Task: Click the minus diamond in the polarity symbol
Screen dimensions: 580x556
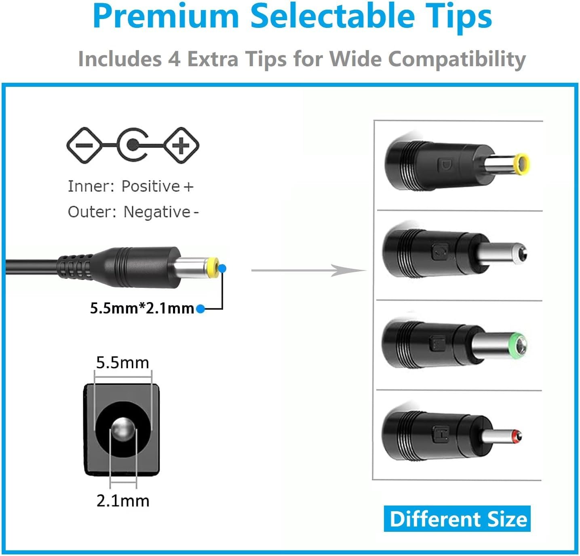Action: point(84,145)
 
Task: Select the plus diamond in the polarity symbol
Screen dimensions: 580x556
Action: point(181,145)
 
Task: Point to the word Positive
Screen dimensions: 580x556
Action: point(150,187)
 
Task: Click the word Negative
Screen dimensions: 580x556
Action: point(157,212)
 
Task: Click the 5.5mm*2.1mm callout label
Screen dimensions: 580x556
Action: point(142,308)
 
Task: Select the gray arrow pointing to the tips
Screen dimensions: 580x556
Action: point(308,271)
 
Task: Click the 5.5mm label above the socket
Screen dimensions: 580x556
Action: point(122,363)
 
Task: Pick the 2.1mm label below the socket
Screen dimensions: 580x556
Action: point(123,501)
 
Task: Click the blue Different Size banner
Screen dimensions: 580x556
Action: point(457,519)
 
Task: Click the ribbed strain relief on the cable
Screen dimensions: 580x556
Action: point(76,267)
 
